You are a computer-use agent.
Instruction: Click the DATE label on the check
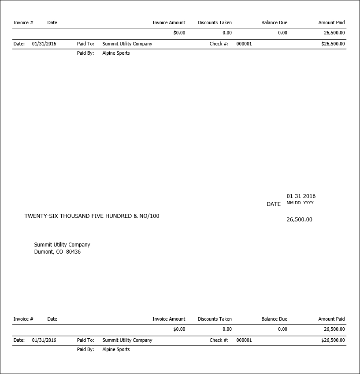(273, 204)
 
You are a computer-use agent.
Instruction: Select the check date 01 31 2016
(301, 196)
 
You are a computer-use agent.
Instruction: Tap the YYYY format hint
(308, 203)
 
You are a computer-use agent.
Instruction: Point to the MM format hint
(290, 203)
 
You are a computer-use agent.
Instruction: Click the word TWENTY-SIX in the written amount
(41, 216)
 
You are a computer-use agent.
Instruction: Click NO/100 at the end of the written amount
(149, 216)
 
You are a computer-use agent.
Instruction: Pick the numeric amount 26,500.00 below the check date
(299, 220)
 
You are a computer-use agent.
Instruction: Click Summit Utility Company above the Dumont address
(62, 245)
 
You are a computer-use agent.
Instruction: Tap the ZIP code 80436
(73, 252)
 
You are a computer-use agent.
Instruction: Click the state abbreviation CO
(59, 252)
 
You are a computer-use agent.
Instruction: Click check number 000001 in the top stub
(244, 44)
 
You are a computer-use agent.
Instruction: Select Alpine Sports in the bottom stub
(116, 350)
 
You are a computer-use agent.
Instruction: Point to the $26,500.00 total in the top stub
(333, 44)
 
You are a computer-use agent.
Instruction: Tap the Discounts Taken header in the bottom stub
(215, 319)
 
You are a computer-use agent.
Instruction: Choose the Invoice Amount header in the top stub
(169, 22)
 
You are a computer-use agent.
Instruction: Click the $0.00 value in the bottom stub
(179, 329)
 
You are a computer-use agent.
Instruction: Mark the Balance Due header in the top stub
(274, 22)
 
